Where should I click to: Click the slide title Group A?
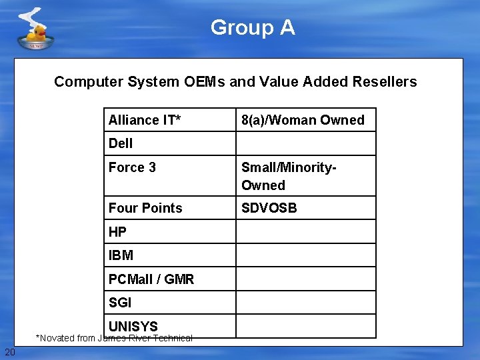point(253,27)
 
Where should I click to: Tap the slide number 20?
point(9,352)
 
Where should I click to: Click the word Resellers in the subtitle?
point(383,82)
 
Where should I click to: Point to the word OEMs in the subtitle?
point(204,82)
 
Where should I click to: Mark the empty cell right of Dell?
point(306,143)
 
